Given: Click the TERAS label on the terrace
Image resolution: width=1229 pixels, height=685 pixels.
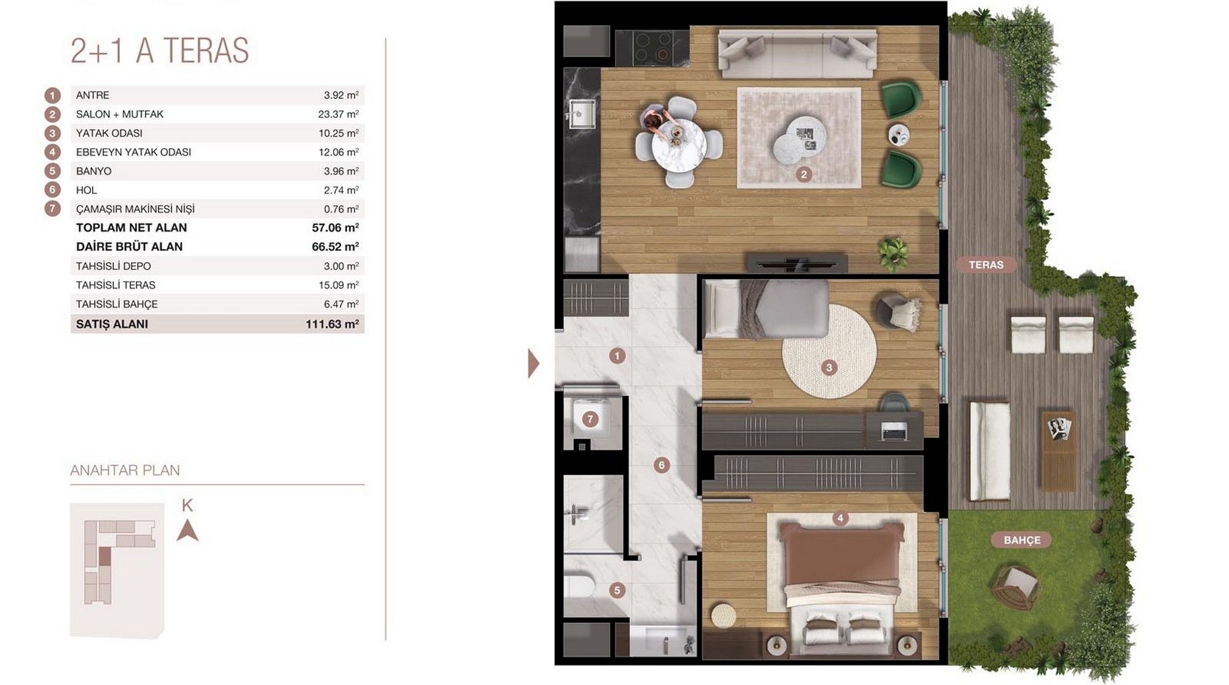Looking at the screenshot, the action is pos(986,265).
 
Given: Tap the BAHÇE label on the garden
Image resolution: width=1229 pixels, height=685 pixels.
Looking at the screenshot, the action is pos(1022,540).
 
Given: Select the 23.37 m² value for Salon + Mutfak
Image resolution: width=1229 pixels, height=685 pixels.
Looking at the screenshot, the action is pos(339,114).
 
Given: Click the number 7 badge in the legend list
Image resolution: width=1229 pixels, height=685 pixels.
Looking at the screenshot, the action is pos(52,208).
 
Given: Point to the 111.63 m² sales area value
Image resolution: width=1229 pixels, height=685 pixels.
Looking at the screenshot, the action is pos(332,324).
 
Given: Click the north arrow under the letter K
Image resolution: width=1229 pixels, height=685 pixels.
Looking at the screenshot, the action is pos(187,530).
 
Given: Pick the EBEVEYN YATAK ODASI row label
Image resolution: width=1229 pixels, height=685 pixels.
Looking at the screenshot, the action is pos(133,152).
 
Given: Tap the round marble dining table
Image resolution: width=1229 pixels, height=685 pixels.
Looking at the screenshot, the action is pos(679,146).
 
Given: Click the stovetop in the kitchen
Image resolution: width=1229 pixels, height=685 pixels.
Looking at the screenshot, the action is pos(652,46).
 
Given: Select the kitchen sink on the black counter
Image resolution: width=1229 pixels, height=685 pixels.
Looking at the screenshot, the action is pos(580,114).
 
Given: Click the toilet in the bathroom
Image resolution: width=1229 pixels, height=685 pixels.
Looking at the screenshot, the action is pos(578,587).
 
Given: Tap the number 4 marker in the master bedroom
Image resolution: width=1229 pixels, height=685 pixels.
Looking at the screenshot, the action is pos(840,518).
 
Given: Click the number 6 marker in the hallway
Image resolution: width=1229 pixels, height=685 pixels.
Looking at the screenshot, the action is pos(661,465).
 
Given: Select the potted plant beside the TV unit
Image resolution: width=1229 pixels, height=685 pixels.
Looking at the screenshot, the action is pos(893,253).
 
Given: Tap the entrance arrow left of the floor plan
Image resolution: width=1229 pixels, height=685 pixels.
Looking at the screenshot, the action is pos(533,363).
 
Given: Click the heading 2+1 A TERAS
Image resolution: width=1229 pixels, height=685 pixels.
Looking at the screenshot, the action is pos(160,50).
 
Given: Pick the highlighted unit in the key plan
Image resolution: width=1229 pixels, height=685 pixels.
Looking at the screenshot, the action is pos(105,556).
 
